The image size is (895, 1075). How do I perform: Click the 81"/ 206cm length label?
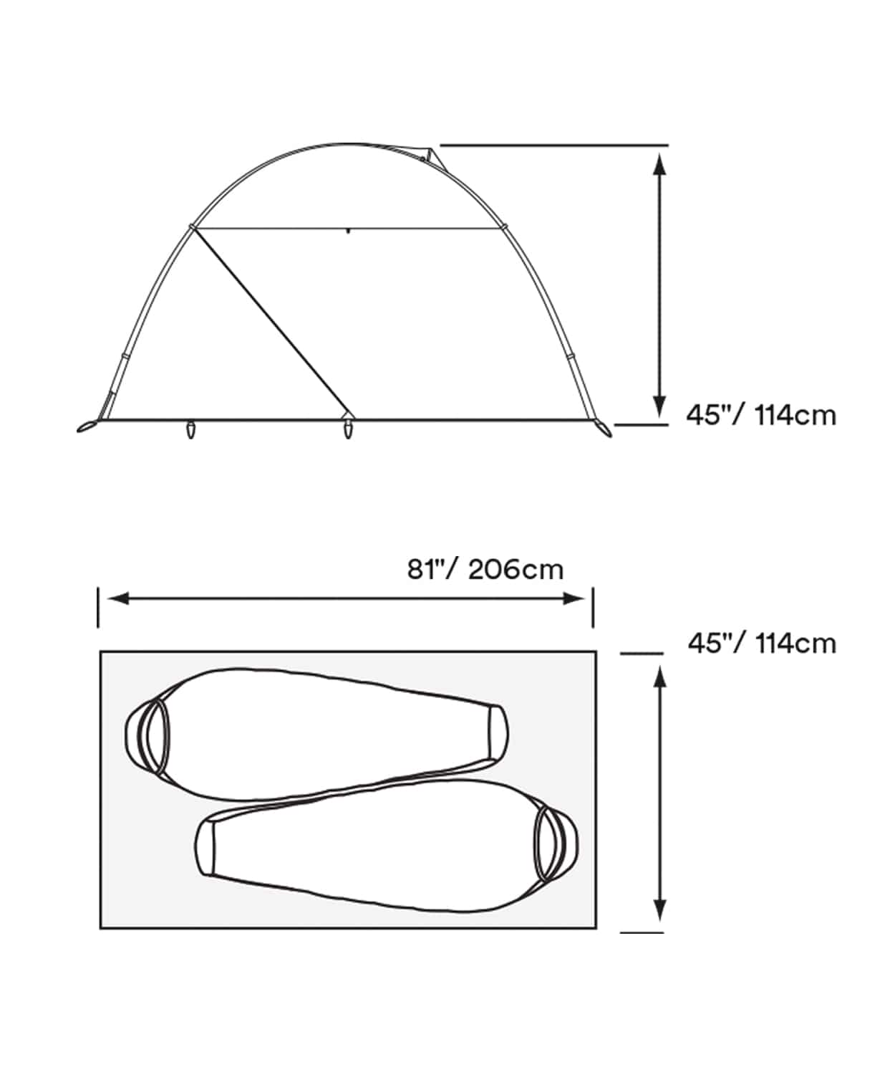[x=485, y=570]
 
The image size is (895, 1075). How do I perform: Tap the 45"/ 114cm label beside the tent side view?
[x=761, y=415]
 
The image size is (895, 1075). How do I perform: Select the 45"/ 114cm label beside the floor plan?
[x=762, y=644]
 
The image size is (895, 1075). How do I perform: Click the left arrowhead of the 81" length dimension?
[x=118, y=598]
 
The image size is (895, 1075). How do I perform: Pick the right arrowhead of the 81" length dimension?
[x=574, y=598]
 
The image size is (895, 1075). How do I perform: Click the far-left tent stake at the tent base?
[x=87, y=426]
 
